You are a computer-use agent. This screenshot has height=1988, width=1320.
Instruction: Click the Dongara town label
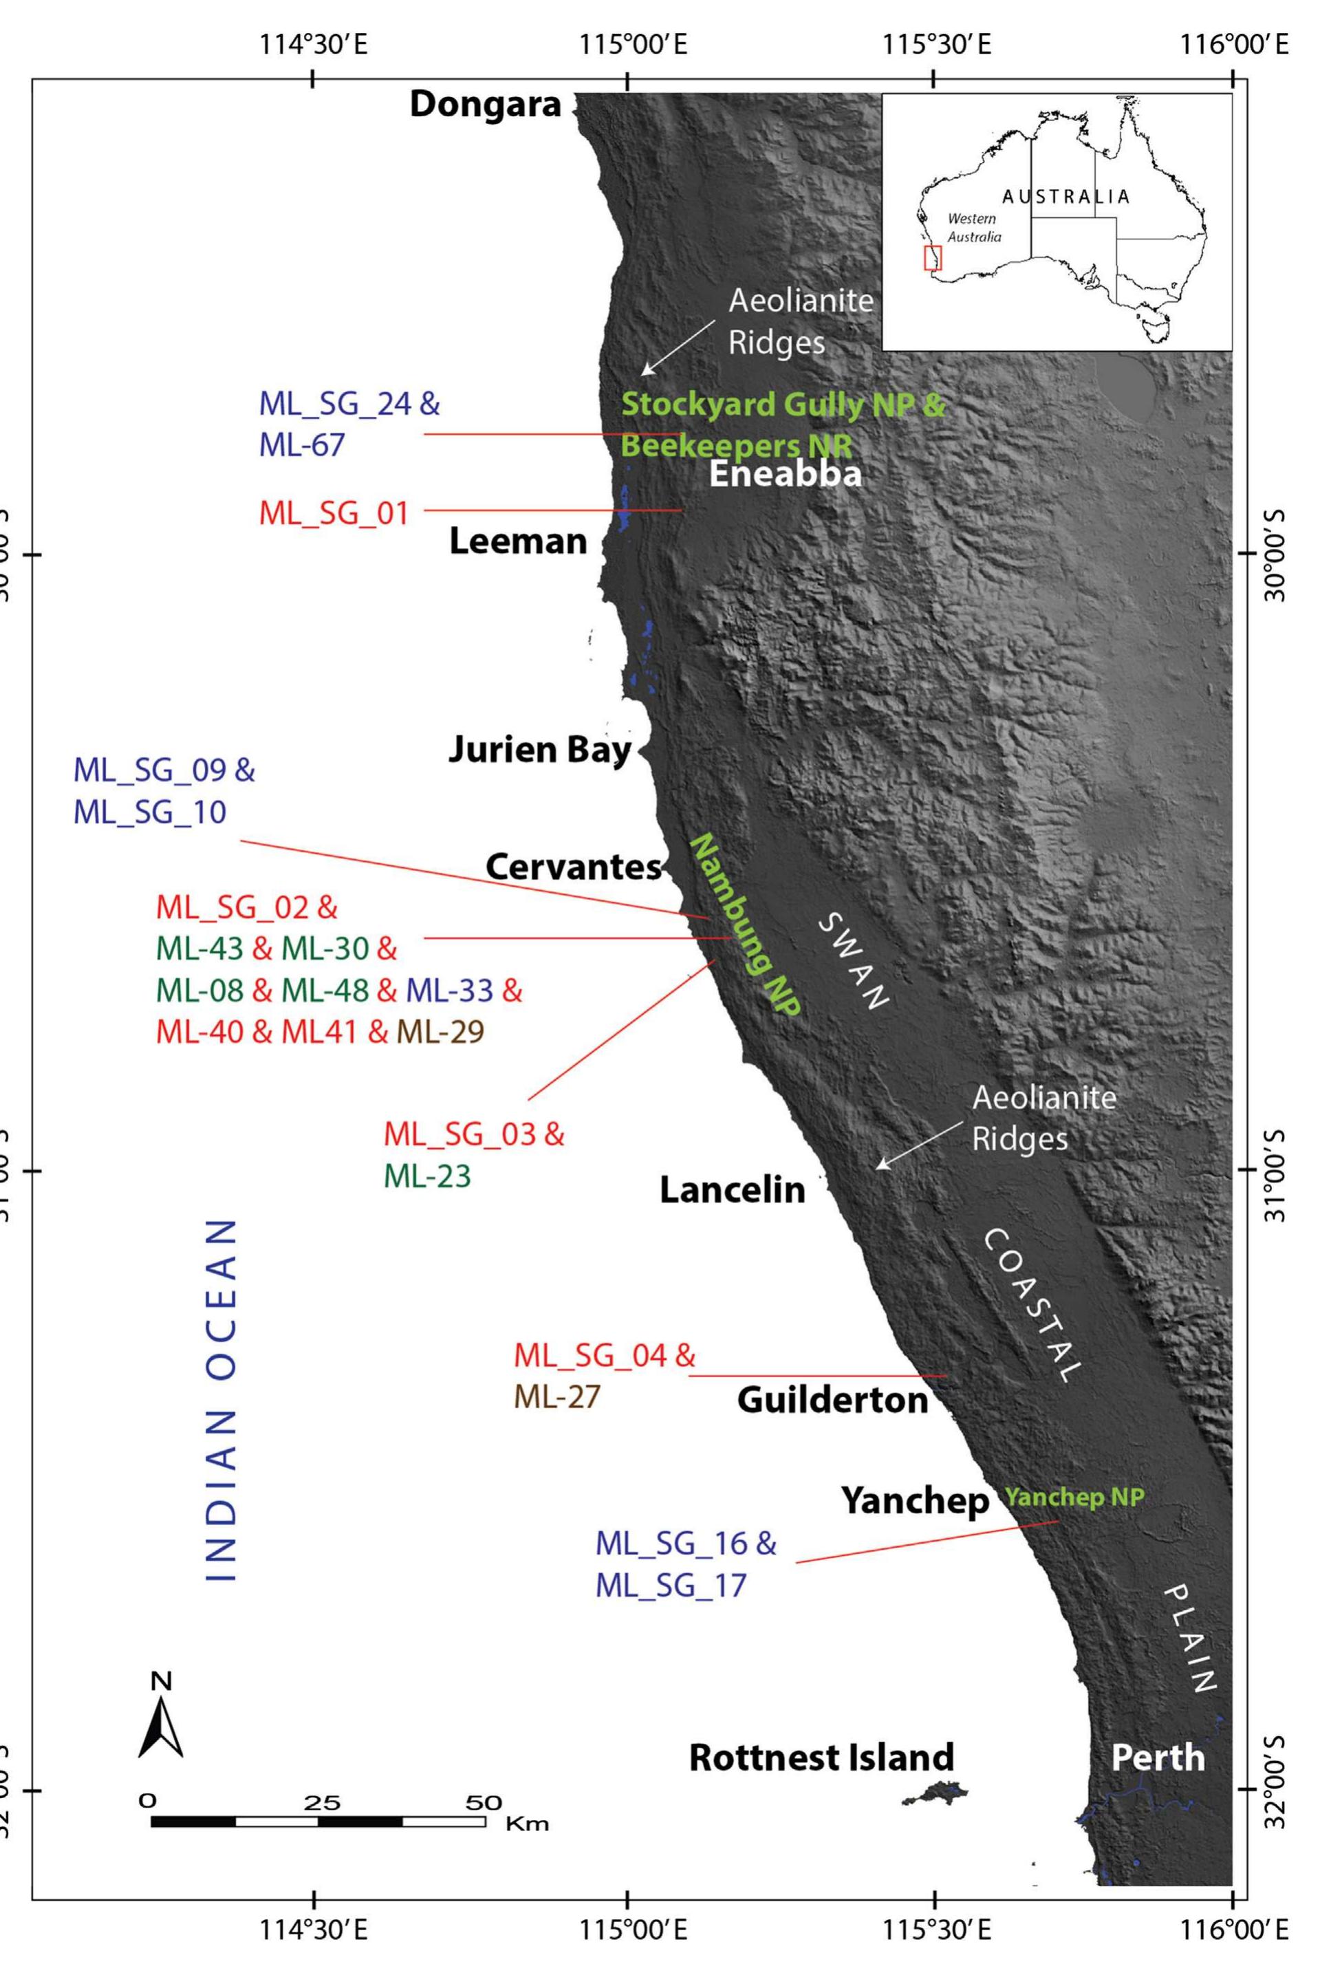click(485, 105)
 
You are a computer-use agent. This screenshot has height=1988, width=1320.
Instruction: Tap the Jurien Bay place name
click(539, 749)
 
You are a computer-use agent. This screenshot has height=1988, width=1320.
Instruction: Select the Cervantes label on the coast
click(573, 867)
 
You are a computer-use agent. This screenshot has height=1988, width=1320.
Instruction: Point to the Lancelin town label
click(732, 1189)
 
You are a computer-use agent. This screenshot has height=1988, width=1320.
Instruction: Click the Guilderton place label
click(832, 1400)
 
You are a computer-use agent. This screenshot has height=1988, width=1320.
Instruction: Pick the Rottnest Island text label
click(821, 1758)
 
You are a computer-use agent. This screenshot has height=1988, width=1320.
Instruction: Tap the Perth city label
click(1158, 1758)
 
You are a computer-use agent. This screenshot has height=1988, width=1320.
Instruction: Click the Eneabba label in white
click(785, 475)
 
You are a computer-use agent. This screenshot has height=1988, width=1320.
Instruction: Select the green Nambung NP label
click(744, 926)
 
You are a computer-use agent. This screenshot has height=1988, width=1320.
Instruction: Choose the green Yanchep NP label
click(1074, 1498)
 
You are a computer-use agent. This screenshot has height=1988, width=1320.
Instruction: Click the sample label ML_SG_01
click(334, 512)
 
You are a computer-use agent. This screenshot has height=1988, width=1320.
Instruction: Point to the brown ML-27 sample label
click(556, 1397)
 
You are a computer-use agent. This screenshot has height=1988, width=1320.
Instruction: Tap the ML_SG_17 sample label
click(671, 1586)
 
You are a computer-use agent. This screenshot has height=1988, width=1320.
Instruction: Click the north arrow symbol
click(161, 1722)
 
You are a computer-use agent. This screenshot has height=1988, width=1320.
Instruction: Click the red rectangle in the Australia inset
click(933, 257)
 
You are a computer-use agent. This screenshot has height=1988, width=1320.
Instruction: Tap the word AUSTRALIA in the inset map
click(1065, 197)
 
